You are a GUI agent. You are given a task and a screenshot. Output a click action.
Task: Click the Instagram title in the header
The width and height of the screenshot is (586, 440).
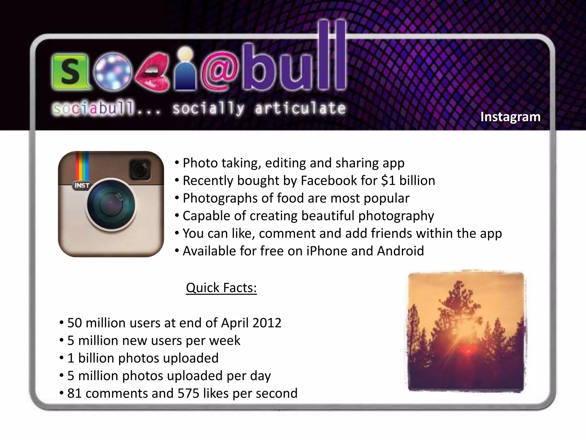click(510, 117)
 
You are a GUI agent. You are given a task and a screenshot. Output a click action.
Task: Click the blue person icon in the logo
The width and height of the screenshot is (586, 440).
click(186, 70)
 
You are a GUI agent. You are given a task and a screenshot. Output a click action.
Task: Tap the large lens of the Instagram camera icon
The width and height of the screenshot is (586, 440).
click(111, 204)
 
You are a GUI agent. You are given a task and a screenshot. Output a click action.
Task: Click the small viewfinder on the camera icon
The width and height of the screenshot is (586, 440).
click(140, 170)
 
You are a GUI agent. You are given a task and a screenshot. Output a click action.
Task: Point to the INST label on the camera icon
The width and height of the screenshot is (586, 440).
click(82, 186)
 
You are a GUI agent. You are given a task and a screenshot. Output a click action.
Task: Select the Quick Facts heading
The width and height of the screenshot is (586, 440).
click(221, 288)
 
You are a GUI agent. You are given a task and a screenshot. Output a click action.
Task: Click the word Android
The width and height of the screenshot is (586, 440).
click(400, 251)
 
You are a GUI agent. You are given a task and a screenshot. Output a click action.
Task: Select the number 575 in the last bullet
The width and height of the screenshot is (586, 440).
click(188, 394)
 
